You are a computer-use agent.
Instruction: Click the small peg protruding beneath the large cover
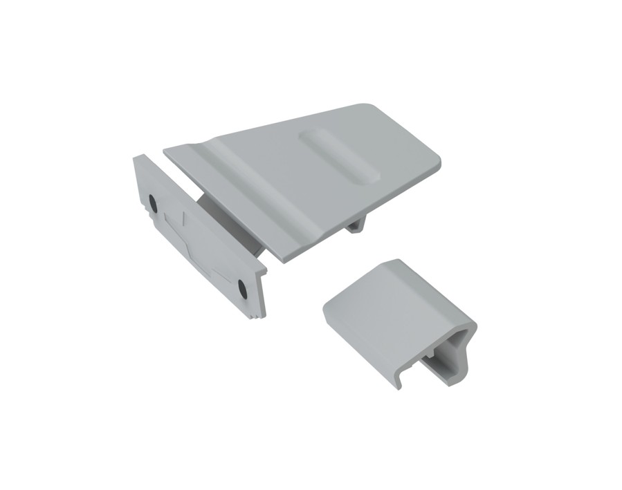pos(356,225)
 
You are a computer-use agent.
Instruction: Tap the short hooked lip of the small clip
pos(401,379)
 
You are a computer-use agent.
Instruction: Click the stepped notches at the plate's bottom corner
pos(256,315)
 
